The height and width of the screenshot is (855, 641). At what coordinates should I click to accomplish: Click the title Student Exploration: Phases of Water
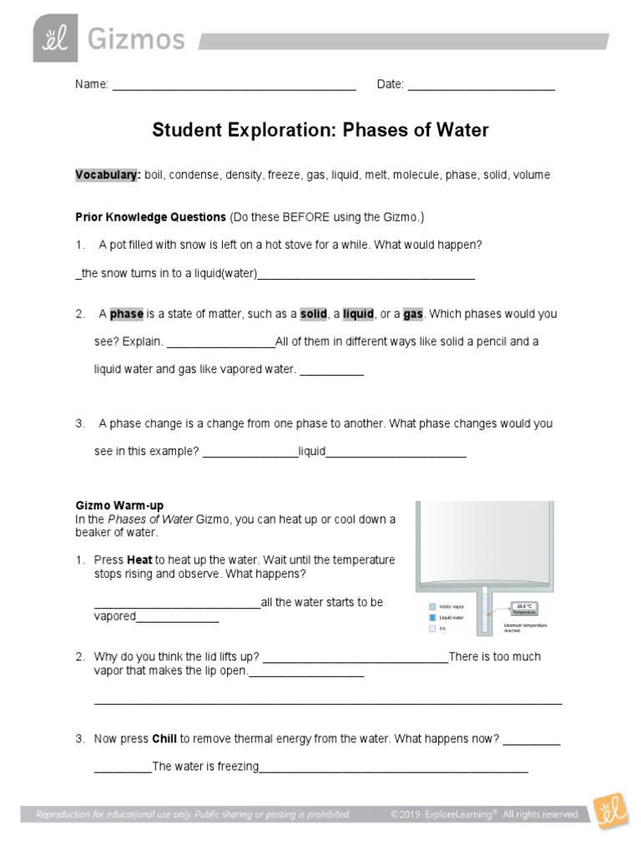[320, 131]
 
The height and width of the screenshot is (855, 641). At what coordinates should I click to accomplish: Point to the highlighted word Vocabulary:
[108, 175]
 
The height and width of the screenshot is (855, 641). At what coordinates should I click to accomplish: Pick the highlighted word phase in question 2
[127, 314]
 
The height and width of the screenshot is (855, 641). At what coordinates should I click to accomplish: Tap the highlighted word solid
[314, 314]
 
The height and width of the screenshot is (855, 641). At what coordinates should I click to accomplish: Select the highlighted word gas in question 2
[413, 314]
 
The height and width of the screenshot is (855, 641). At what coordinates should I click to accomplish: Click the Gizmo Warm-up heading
[119, 505]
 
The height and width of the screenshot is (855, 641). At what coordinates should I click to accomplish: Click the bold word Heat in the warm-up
[140, 559]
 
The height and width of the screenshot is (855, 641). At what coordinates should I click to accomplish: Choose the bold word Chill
[164, 739]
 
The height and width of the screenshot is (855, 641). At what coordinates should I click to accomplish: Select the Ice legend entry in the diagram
[438, 628]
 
